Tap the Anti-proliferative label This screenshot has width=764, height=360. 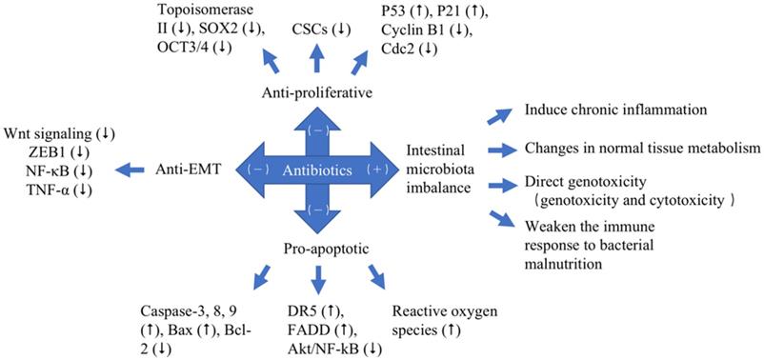(317, 93)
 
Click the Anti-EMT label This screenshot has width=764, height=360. (187, 170)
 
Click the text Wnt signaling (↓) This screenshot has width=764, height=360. (60, 132)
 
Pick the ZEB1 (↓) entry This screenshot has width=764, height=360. (60, 151)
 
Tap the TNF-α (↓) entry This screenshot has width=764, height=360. (60, 190)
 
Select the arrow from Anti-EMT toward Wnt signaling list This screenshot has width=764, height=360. (131, 171)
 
